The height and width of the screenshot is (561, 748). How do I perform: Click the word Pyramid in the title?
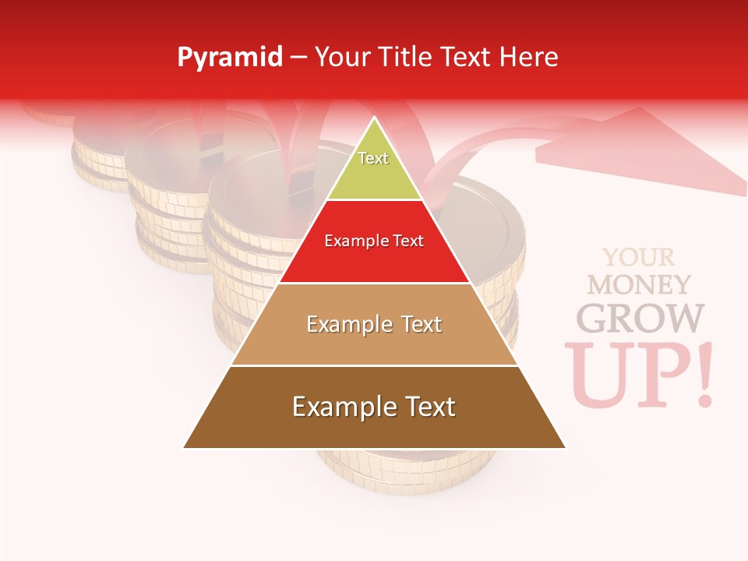[230, 58]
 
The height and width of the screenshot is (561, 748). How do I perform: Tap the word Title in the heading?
[405, 58]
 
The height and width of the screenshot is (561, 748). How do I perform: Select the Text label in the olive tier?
[373, 158]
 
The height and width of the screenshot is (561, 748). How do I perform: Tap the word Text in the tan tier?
[415, 324]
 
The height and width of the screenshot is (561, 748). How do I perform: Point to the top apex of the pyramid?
[375, 118]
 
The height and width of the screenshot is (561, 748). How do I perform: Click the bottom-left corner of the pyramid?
[185, 447]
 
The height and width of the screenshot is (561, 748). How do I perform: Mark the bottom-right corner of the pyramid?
[565, 447]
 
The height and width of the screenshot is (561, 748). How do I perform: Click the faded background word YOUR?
[639, 257]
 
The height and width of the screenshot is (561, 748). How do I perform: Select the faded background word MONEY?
[639, 284]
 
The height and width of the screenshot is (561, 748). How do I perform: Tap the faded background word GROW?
[640, 318]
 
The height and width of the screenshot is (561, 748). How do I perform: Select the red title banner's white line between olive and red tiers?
[375, 200]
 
